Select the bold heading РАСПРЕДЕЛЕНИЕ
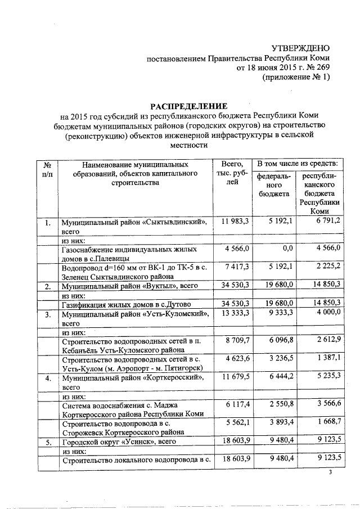tap(188, 106)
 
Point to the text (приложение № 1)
tap(296, 78)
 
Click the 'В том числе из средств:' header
tap(297, 164)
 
